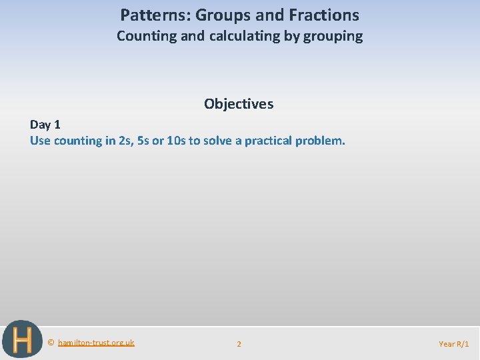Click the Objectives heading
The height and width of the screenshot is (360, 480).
239,104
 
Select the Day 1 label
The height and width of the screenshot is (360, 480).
45,125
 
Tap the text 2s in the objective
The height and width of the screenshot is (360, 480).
125,141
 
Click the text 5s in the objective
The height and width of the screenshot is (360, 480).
143,141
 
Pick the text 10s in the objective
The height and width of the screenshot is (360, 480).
176,141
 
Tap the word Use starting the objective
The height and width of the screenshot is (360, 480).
40,141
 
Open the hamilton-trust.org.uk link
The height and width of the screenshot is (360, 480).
96,343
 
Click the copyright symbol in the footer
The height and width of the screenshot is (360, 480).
51,343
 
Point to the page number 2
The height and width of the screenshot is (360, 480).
239,344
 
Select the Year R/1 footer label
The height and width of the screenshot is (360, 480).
453,344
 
